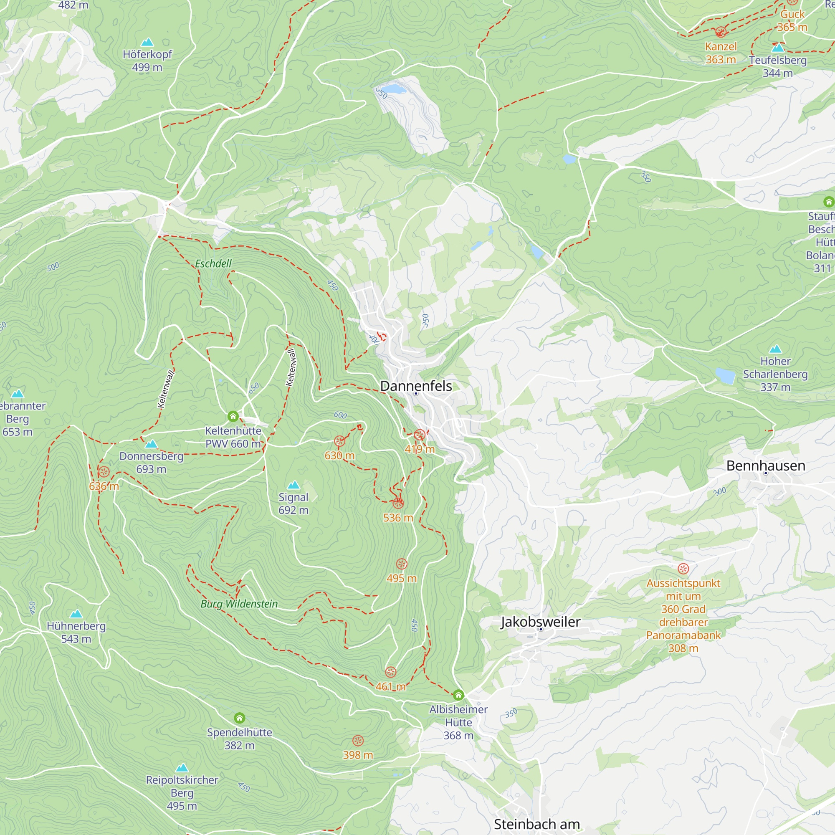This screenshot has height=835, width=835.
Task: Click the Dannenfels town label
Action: [x=416, y=386]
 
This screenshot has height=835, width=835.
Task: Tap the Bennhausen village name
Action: [x=765, y=466]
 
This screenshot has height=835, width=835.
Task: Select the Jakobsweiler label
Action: [x=540, y=622]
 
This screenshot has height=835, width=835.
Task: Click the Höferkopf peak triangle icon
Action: [x=147, y=42]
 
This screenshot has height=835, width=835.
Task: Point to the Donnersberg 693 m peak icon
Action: [x=151, y=444]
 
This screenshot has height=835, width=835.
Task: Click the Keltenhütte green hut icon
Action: [x=233, y=416]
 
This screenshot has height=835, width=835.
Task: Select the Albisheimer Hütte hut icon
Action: [x=458, y=695]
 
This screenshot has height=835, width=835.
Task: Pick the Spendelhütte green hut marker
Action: [x=239, y=718]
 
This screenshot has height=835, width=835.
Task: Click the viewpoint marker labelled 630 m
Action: [x=340, y=441]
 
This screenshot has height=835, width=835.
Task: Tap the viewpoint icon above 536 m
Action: [x=398, y=503]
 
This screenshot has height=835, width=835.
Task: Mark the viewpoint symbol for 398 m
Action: [x=358, y=741]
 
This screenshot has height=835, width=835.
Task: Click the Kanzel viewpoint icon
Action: [x=721, y=32]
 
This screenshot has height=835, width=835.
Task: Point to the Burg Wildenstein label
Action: [x=239, y=604]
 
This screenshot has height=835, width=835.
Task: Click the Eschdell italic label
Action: [x=213, y=263]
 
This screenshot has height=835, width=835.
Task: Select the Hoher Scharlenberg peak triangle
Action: [x=775, y=349]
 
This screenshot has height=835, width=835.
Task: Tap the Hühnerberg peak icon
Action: [x=76, y=614]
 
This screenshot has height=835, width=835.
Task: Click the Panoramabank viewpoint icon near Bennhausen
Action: [x=683, y=569]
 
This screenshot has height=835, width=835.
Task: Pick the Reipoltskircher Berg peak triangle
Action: [x=182, y=768]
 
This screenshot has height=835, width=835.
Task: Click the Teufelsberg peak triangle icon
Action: [x=777, y=48]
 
